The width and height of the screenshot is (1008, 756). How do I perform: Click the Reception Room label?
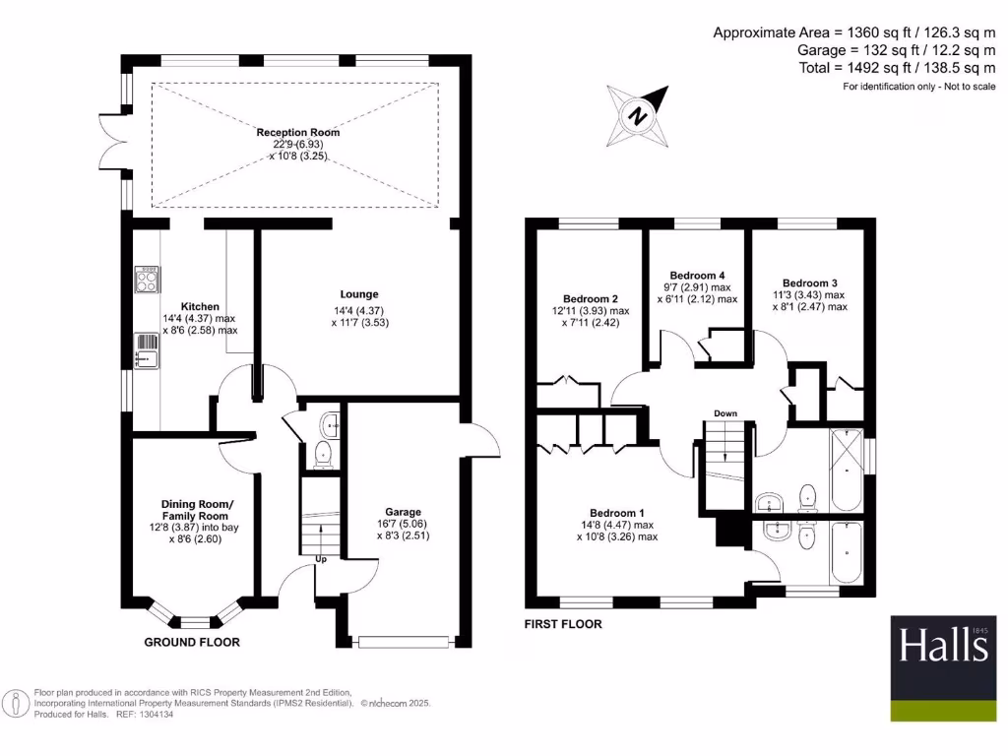tap(298, 133)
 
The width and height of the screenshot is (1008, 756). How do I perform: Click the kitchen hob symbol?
tap(147, 282)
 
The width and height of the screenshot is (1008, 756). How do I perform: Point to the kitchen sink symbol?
tap(147, 348)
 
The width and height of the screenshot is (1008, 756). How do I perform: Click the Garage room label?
tap(404, 512)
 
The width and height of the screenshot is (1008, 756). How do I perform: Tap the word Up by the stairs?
tap(321, 560)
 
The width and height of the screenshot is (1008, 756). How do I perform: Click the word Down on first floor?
tap(725, 413)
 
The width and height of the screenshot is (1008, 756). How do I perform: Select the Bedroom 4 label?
tap(697, 275)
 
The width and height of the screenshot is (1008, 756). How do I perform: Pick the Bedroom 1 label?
tap(617, 513)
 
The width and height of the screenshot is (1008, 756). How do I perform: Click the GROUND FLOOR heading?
tap(192, 642)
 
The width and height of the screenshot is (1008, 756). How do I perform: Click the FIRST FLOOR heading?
tap(563, 624)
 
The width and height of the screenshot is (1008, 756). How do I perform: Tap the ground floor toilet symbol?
tap(322, 455)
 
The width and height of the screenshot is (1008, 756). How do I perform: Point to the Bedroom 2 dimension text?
tap(591, 316)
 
